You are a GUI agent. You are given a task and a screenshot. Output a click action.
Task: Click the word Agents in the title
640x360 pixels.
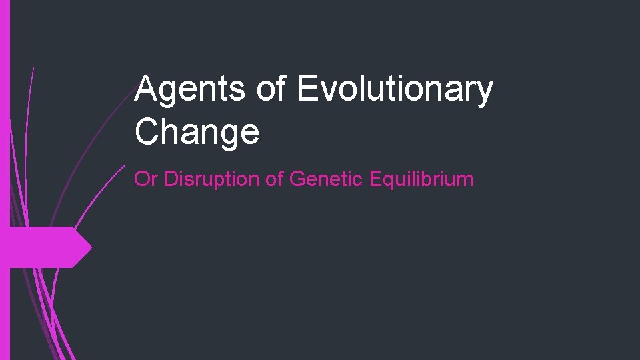coord(189,90)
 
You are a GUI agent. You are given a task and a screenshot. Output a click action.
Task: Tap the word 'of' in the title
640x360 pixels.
coord(271,90)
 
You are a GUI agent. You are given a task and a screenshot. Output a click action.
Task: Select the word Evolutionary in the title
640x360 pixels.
coord(395,90)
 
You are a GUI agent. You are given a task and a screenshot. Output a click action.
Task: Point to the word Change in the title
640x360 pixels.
coord(197,131)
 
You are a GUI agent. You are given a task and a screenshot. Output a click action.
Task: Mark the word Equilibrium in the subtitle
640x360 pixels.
coord(417,179)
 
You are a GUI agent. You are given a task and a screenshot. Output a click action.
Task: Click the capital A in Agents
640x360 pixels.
coord(146,90)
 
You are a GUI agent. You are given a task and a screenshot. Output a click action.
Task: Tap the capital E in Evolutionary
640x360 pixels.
coord(307,90)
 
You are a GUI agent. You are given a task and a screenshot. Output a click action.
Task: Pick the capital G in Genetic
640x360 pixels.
coord(297,179)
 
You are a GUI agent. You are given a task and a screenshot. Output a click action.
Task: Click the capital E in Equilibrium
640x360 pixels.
coord(367,179)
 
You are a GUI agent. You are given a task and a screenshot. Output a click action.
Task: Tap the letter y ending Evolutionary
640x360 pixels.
coord(484,93)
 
